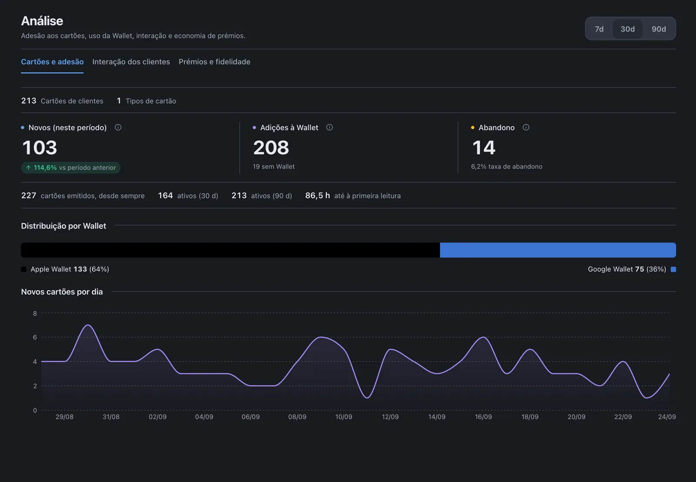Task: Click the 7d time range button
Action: pos(599,29)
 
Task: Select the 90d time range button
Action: pos(659,29)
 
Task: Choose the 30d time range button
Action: pos(627,29)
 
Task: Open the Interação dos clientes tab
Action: pos(131,61)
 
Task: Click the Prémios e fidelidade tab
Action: pos(214,61)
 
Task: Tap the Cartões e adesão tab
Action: pos(52,61)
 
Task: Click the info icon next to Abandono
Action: pos(526,127)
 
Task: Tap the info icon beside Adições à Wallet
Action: pos(329,127)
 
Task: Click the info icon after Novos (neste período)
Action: pos(118,127)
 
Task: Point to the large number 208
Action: pos(271,147)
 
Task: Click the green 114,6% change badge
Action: pos(70,167)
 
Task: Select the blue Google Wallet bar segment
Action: pos(558,250)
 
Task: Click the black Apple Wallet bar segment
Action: pos(230,250)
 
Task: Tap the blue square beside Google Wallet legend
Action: pos(673,269)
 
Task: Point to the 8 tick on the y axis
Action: pos(35,313)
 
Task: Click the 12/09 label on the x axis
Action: pos(390,417)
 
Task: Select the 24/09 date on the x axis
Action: pos(667,417)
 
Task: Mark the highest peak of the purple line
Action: pos(88,325)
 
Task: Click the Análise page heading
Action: pos(42,21)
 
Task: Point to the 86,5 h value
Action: pos(318,195)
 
